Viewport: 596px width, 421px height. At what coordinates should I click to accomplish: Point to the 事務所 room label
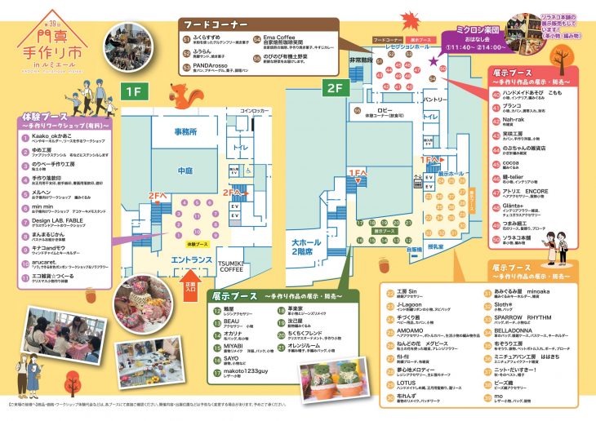tap(185, 131)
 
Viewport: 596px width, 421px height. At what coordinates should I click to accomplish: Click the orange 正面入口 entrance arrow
tap(191, 286)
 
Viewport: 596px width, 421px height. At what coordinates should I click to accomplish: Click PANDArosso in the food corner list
tap(215, 64)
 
